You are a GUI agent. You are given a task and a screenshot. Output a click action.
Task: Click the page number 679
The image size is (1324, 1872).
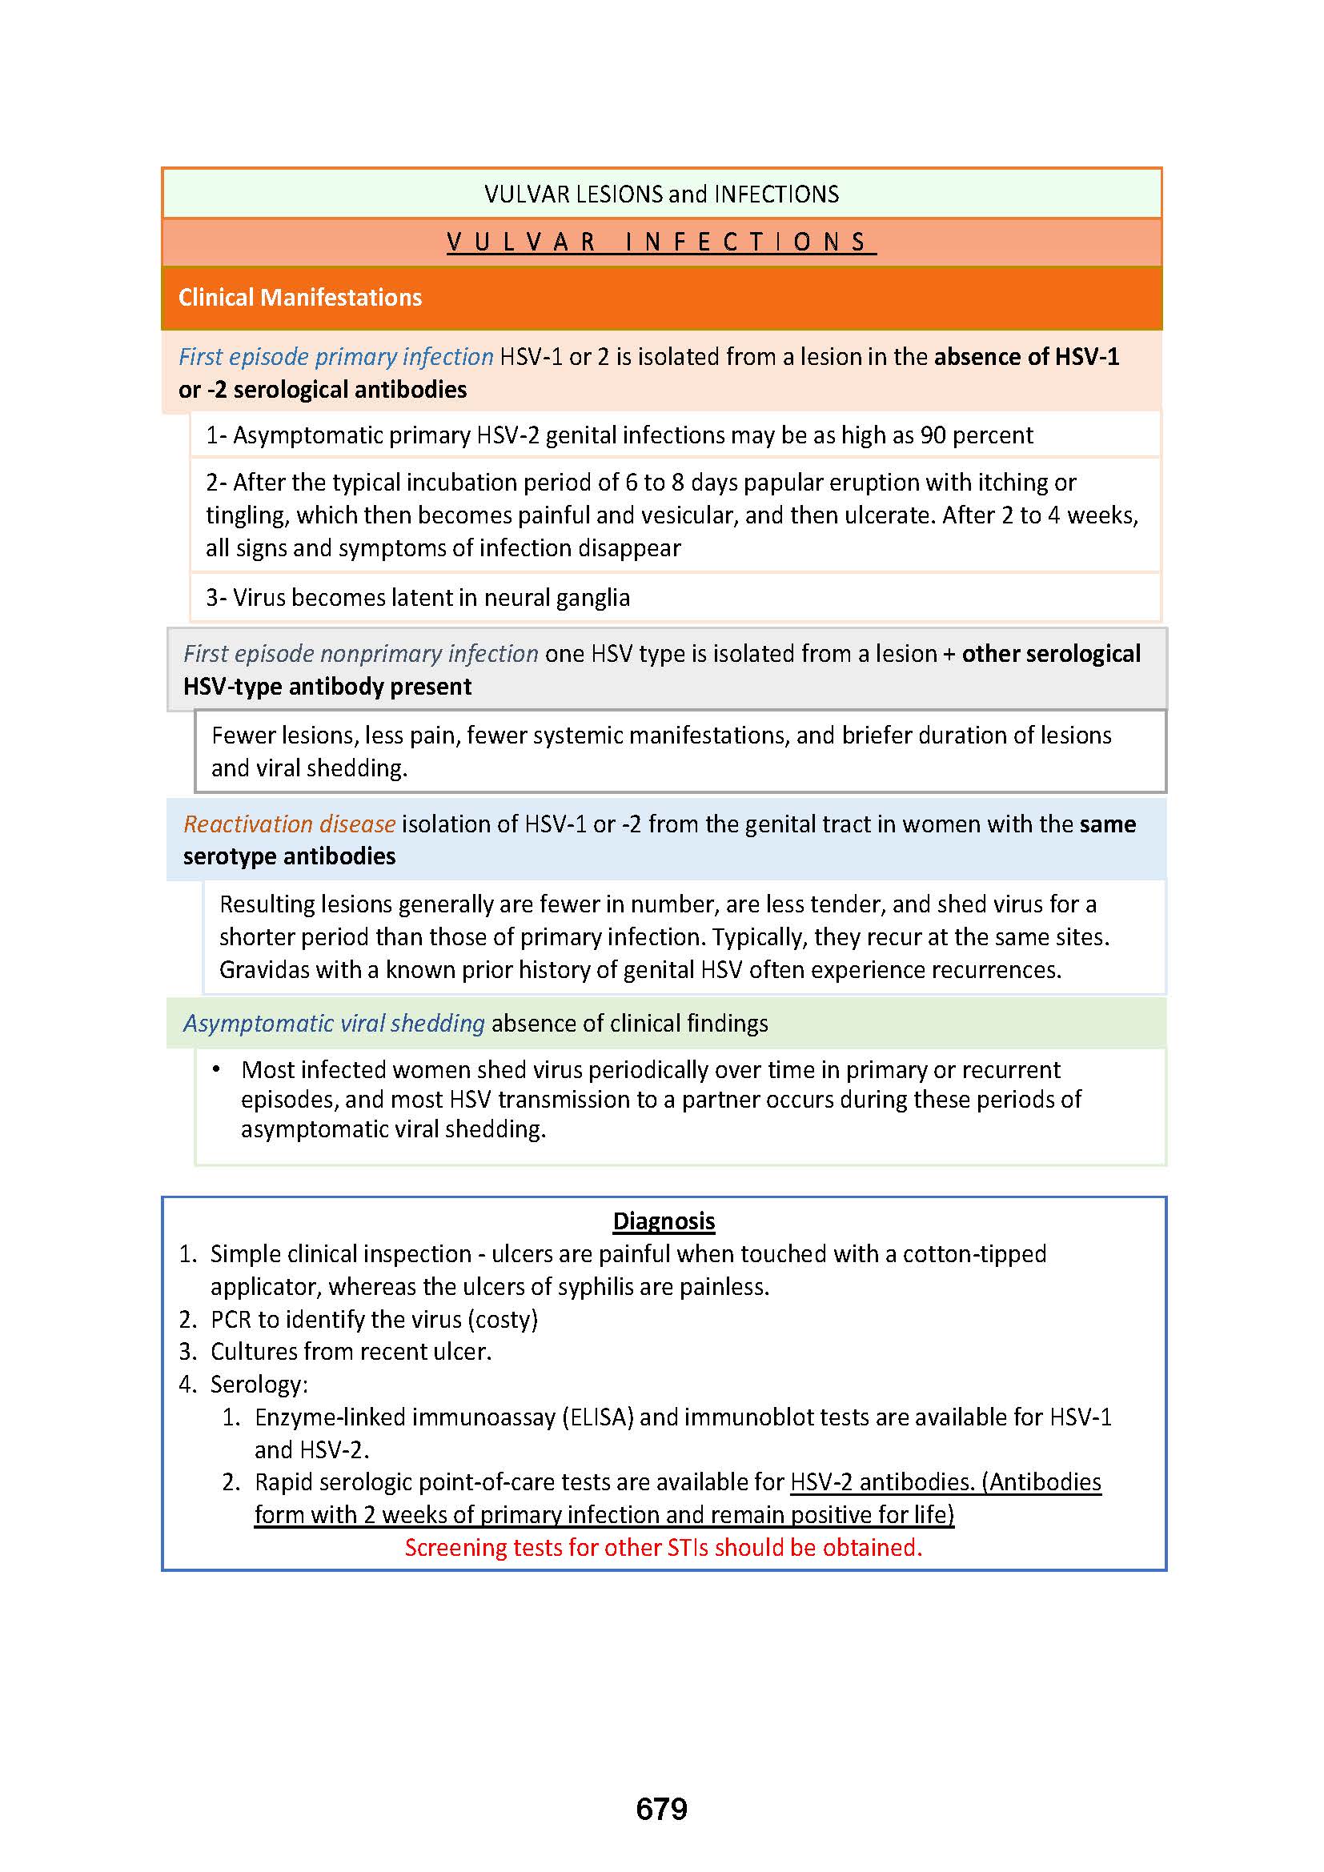661,1809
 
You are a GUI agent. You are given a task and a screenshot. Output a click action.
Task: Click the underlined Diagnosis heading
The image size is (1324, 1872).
664,1221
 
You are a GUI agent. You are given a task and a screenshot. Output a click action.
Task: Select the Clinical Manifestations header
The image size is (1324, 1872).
300,298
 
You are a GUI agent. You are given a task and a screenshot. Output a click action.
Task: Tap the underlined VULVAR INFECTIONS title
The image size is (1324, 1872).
661,243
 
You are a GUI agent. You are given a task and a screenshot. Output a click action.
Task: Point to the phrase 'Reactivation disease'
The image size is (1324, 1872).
290,824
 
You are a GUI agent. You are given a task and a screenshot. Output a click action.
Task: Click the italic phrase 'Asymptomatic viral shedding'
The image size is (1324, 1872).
334,1024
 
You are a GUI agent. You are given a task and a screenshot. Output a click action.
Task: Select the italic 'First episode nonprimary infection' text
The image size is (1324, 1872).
360,653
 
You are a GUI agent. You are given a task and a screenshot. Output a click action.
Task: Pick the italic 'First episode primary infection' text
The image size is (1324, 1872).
336,356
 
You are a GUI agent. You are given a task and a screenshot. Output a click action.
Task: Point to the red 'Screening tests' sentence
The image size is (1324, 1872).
663,1548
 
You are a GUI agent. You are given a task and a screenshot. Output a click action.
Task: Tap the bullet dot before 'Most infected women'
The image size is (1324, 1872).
216,1069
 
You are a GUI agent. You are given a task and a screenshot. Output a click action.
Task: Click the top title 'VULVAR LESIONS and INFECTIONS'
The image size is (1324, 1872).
661,194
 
